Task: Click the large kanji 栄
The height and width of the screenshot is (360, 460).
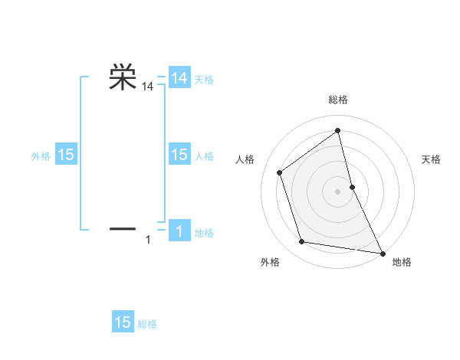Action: coord(123,77)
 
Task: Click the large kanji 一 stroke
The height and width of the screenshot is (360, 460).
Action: coord(123,228)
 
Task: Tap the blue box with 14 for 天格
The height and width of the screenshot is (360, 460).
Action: coord(179,79)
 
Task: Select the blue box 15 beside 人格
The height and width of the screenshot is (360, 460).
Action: coord(179,155)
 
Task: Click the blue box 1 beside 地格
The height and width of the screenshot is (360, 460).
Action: coord(179,231)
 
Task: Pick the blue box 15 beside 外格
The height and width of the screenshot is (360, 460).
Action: coord(66,155)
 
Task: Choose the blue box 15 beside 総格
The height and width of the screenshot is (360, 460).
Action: coord(123,322)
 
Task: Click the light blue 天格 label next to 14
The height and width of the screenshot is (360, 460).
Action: coord(204,80)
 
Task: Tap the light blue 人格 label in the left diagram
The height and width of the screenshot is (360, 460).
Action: coord(204,156)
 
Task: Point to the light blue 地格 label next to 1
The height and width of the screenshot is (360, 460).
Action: coord(204,233)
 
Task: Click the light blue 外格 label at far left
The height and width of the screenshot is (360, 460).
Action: coord(41,156)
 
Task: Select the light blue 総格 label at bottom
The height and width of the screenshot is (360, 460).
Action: coord(147,324)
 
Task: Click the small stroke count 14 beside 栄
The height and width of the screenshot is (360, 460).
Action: coord(148,88)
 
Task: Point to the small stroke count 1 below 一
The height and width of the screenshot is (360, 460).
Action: coord(148,241)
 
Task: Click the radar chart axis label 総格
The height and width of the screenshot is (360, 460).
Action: coord(338,100)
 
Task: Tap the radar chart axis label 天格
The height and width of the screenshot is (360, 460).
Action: coord(431,159)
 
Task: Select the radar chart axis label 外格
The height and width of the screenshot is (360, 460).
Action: coord(270,262)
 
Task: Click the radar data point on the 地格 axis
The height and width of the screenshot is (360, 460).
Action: coord(382,252)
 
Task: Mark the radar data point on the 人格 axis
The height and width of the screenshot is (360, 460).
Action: coord(280,172)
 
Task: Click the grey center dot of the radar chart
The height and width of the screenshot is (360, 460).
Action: coord(338,191)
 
